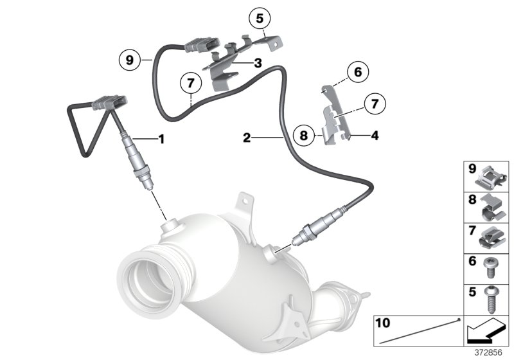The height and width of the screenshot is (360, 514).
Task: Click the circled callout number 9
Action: point(130,60)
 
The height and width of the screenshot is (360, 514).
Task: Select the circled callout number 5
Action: point(260,19)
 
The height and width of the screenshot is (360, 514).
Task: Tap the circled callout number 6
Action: point(359,73)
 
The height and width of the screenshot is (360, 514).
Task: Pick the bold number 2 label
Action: point(247,137)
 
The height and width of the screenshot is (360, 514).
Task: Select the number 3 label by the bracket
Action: point(257,63)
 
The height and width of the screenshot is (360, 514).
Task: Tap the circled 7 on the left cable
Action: point(190,84)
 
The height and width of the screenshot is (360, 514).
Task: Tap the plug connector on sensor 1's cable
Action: point(109,103)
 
